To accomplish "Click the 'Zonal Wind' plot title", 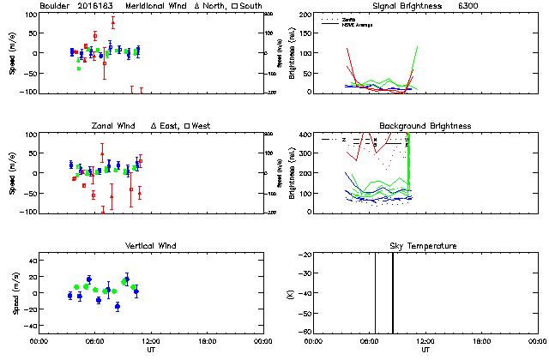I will [x=113, y=126].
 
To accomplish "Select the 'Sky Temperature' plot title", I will [x=425, y=246].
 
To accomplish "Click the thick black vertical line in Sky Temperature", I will [x=393, y=291].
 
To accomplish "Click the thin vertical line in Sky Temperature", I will [x=375, y=291].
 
